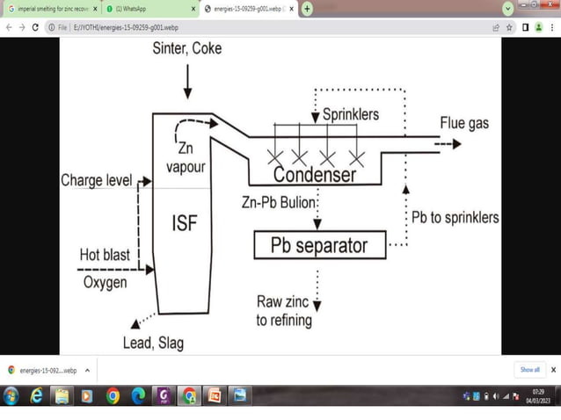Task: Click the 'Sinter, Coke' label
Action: pyautogui.click(x=186, y=48)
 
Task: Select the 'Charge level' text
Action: pyautogui.click(x=96, y=180)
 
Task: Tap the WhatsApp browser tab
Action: pyautogui.click(x=145, y=8)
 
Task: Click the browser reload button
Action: pyautogui.click(x=34, y=27)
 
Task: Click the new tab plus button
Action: pyautogui.click(x=307, y=8)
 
